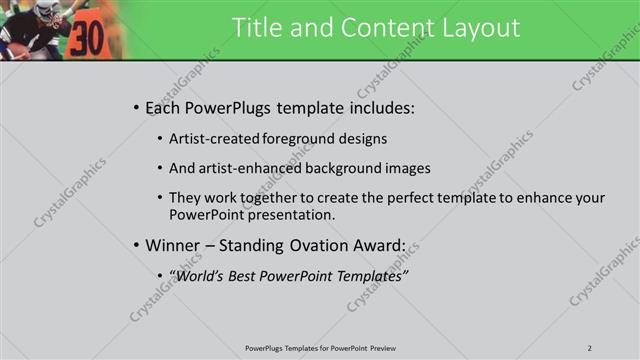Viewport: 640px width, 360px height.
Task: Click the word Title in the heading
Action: point(255,28)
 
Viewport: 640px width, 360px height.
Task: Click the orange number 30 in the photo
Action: point(87,37)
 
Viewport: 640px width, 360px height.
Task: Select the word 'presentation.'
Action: point(291,215)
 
